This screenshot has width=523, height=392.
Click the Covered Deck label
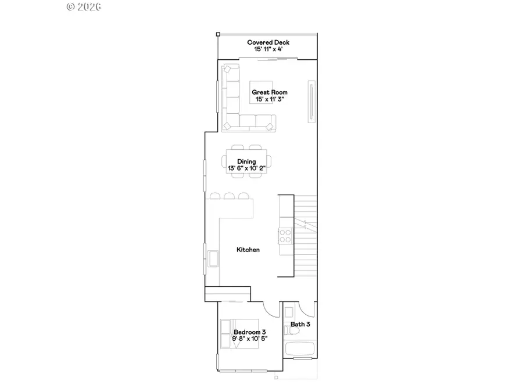268,42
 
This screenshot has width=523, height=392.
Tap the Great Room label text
269,92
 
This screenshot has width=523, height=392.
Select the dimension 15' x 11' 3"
269,100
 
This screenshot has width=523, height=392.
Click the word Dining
246,161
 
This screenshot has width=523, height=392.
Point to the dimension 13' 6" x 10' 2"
246,168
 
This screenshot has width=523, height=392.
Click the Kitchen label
248,250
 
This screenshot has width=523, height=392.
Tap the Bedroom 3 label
250,332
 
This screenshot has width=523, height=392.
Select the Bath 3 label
300,324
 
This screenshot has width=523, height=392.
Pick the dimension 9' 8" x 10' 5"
250,339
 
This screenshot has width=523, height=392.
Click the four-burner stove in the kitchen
286,236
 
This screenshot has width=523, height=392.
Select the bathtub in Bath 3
300,350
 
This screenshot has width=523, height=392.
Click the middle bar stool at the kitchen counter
229,196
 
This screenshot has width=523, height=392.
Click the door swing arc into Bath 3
308,309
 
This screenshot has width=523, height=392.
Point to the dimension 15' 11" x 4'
268,50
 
